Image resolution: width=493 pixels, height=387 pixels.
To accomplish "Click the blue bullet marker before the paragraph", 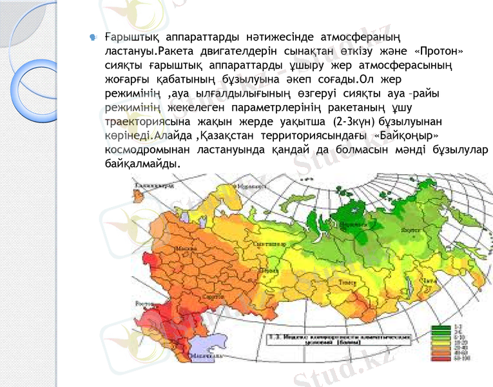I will point(93,37).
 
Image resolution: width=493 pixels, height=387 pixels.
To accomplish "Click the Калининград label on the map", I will point(153,186).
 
